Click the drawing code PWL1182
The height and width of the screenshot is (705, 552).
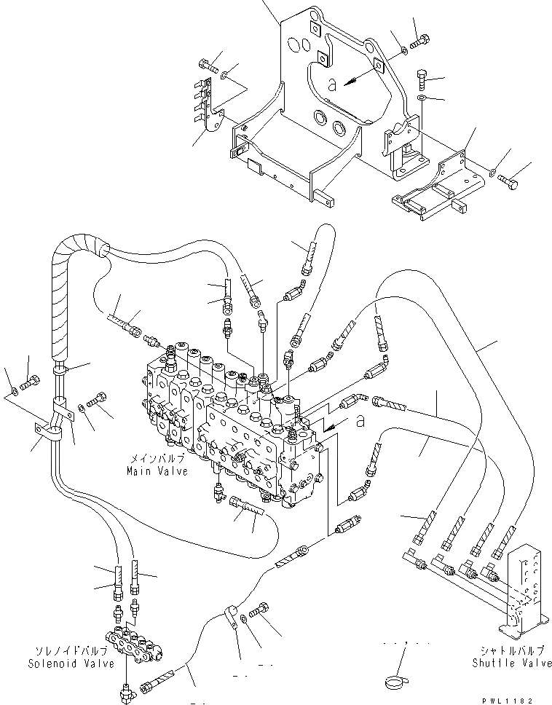(522, 698)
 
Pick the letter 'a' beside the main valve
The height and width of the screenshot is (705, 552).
(361, 420)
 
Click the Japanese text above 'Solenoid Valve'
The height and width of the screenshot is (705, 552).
(71, 652)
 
